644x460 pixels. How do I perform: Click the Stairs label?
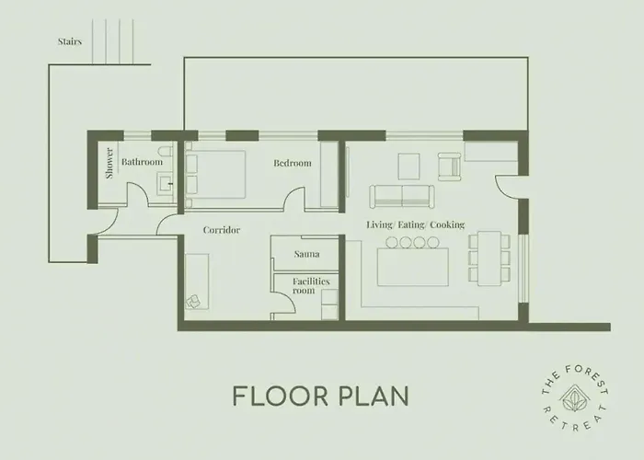tap(69, 41)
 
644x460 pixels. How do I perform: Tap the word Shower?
tap(109, 163)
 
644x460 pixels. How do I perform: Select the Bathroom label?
tap(142, 162)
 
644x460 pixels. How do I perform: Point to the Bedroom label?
tap(293, 163)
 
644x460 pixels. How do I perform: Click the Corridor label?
tap(222, 230)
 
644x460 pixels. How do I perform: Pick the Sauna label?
tap(306, 254)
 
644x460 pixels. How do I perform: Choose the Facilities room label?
tap(311, 286)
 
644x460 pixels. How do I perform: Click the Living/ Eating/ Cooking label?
tap(415, 224)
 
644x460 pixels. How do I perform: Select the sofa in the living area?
tap(402, 196)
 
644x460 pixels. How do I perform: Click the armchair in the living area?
tap(450, 167)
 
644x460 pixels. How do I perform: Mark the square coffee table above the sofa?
tap(409, 167)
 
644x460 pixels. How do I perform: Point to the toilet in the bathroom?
tap(167, 152)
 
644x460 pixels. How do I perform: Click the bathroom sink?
tap(165, 184)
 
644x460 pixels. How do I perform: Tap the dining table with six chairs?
tap(489, 259)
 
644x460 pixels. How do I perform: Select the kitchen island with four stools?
tap(413, 262)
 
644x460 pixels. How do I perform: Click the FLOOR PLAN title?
tap(321, 396)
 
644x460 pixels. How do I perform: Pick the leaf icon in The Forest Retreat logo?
tap(574, 398)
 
